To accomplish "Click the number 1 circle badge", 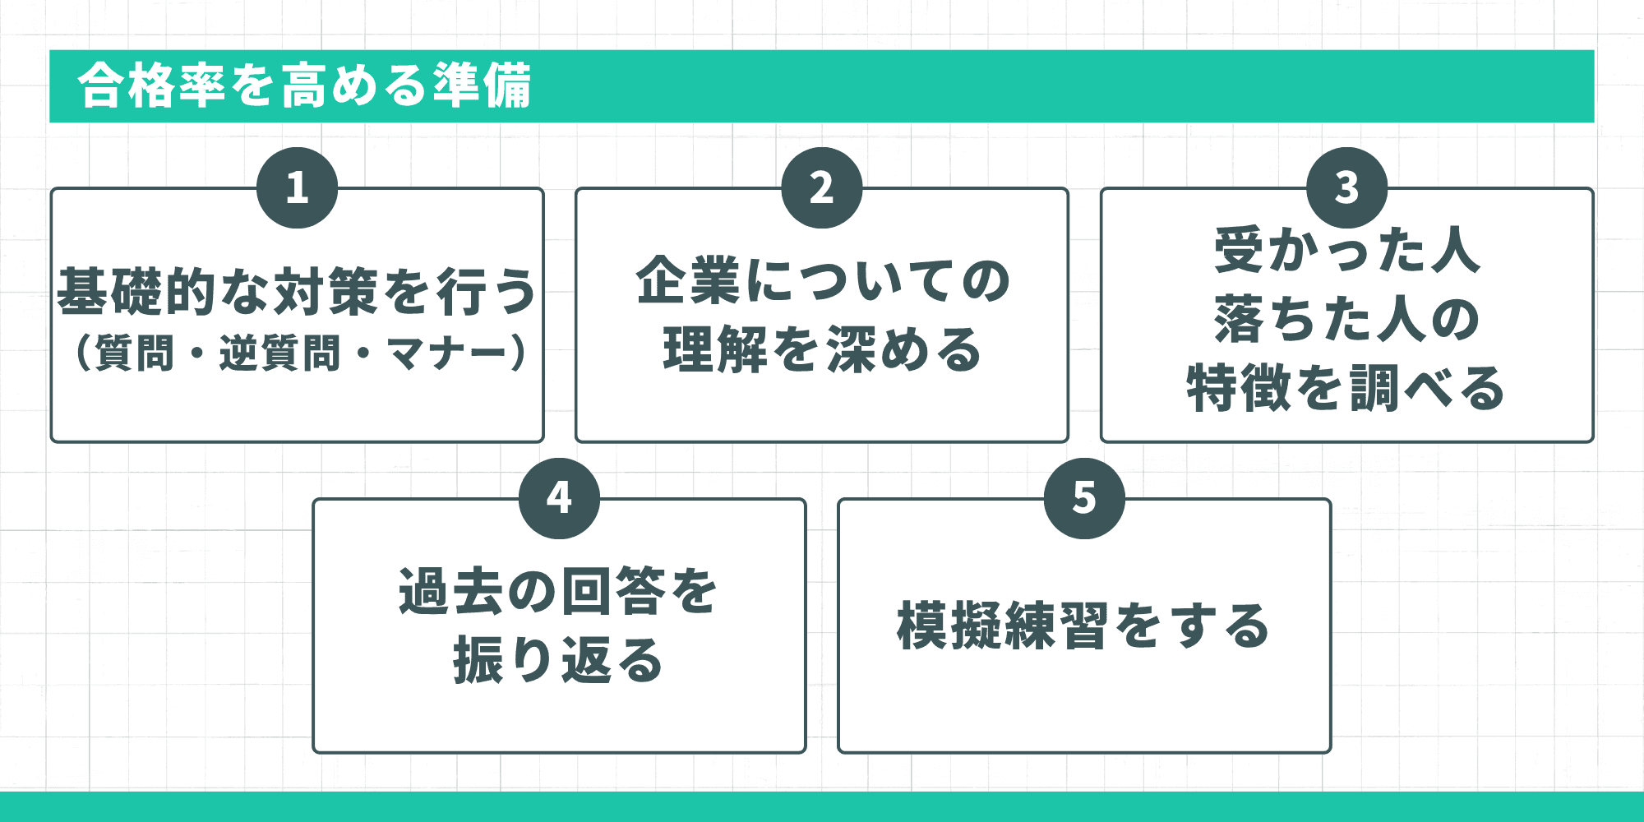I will click(x=297, y=187).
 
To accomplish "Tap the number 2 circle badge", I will click(x=822, y=187).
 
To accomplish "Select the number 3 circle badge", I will click(x=1346, y=187).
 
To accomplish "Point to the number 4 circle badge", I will click(x=559, y=498).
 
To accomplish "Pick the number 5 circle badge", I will click(x=1084, y=498).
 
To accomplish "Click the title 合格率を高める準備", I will click(x=305, y=85).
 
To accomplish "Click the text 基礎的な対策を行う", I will click(x=297, y=292).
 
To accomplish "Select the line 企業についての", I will click(x=822, y=281).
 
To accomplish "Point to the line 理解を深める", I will click(x=822, y=350).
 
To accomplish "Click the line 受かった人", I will click(x=1346, y=250).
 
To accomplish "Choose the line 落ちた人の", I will click(x=1346, y=319).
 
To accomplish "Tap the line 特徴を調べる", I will click(x=1346, y=388).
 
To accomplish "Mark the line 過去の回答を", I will click(x=559, y=592).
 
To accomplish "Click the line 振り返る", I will click(x=559, y=661).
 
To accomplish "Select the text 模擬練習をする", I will click(x=1084, y=626).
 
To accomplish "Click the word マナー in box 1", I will click(x=446, y=353).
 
